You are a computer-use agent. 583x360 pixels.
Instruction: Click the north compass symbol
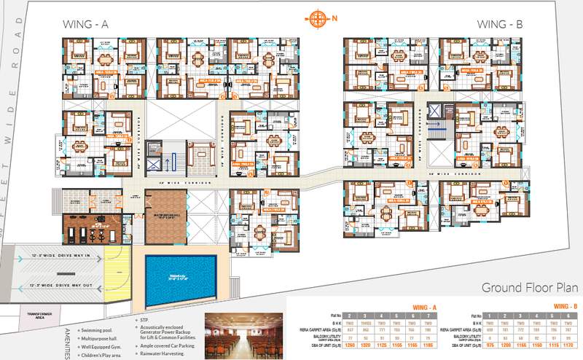tap(316, 18)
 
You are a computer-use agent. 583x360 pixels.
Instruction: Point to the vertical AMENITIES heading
tap(69, 338)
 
